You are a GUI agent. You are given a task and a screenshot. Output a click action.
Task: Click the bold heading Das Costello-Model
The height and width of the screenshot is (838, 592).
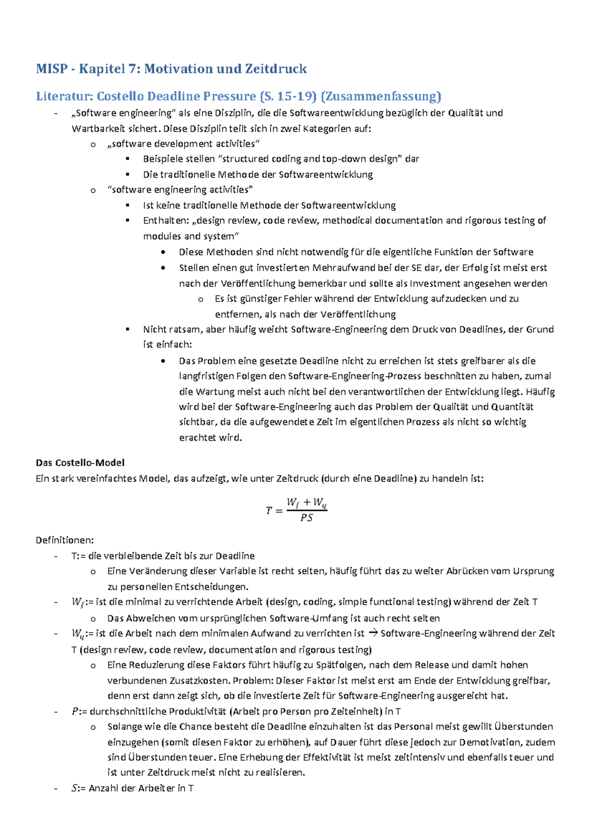(x=80, y=462)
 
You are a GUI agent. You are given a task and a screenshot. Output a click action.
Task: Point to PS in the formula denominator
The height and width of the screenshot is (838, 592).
(x=306, y=518)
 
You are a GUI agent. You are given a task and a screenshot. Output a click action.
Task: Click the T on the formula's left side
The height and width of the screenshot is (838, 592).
(x=269, y=511)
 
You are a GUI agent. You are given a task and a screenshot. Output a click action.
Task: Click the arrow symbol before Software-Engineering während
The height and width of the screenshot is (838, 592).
(x=372, y=633)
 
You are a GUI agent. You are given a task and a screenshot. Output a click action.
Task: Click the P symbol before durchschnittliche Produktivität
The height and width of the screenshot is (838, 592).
(x=75, y=711)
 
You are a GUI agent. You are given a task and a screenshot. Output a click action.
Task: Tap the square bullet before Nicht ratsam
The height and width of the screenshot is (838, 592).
(x=128, y=329)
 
